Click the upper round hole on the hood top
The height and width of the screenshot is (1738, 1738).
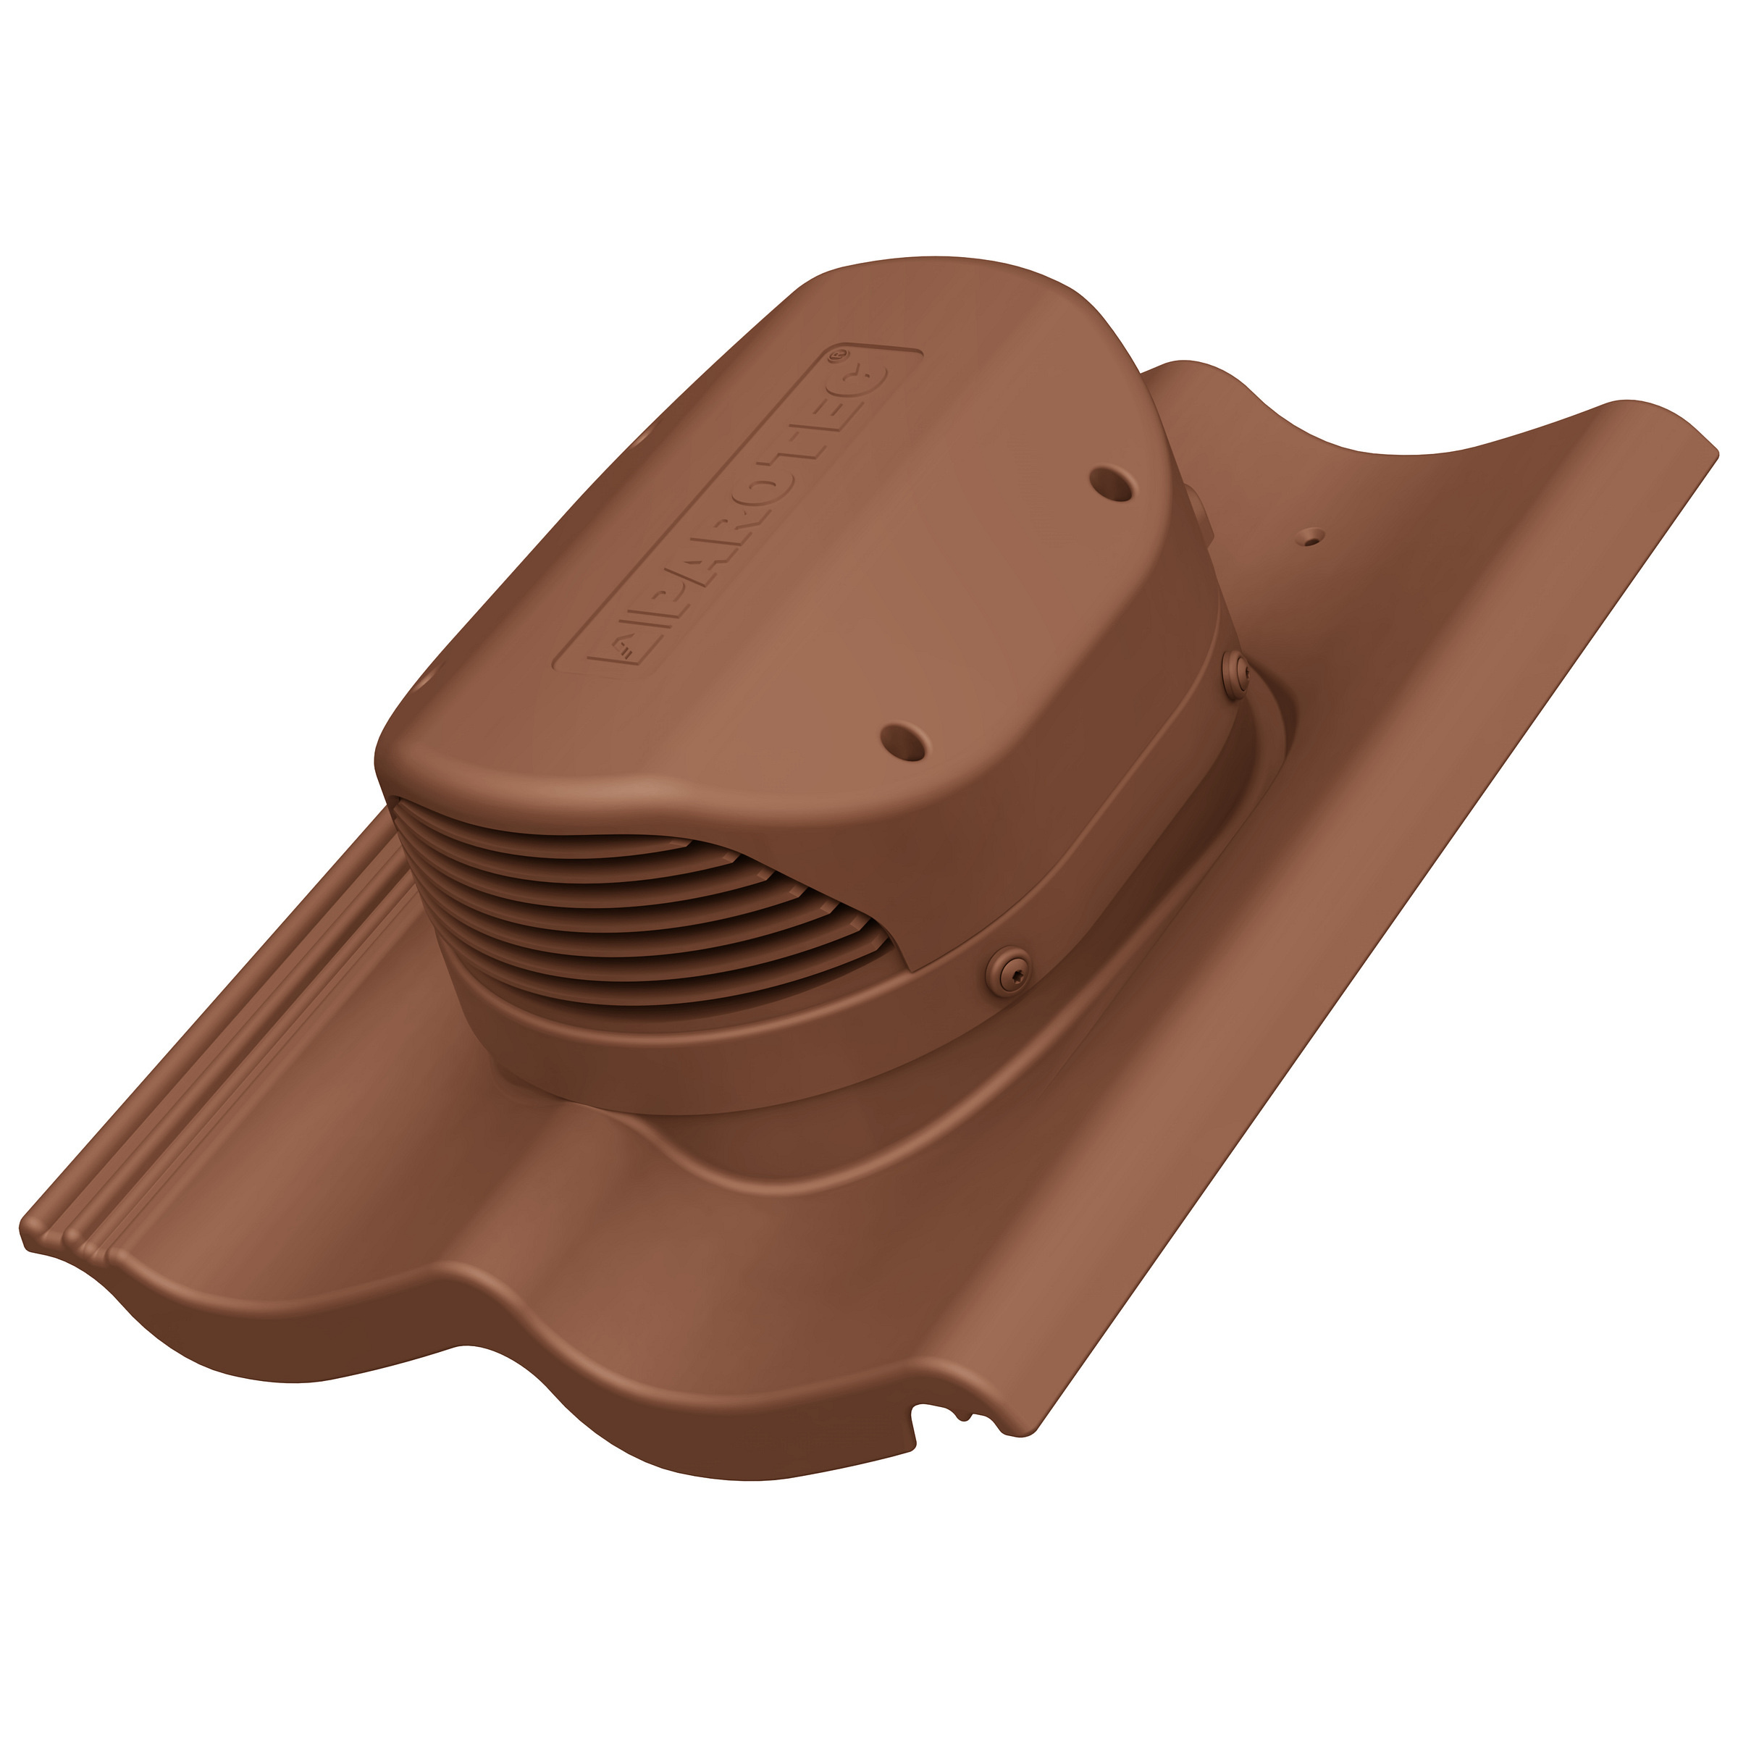[1113, 482]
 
